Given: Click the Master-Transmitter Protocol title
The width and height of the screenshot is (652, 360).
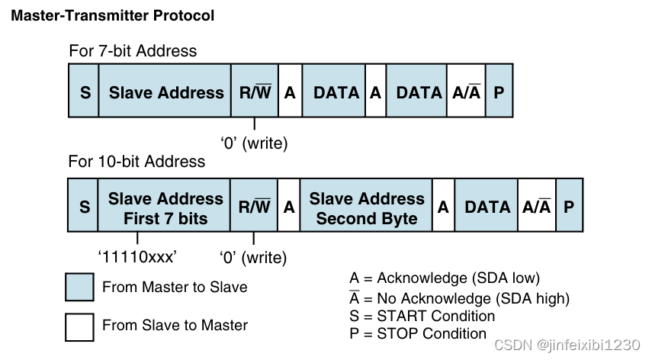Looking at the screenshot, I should pos(112,15).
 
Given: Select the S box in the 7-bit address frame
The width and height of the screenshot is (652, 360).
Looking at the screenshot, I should pos(84,92).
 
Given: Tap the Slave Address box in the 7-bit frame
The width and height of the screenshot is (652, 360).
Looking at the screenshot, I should pos(165,92).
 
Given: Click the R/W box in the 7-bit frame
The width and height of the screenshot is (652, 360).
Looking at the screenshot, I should pos(255,92).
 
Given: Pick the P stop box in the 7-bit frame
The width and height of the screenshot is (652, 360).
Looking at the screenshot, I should pos(499,92).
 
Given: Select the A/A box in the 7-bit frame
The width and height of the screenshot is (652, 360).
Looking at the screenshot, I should pos(466,92).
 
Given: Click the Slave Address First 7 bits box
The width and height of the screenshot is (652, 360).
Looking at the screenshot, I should pos(165,207).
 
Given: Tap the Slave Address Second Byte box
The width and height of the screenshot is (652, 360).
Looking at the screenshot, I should pos(366,207).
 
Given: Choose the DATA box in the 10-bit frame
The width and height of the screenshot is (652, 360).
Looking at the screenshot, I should pos(487,207).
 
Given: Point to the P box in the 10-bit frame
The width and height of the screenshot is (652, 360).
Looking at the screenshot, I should pos(570,207).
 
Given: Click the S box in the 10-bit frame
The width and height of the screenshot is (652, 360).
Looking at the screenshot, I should pos(84,207).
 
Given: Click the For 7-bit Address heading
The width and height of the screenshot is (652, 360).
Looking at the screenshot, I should pos(133,51).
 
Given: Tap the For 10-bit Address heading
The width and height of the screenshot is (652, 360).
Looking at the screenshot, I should pos(137,161).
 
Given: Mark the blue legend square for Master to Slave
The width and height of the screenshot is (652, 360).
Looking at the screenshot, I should pos(80,288).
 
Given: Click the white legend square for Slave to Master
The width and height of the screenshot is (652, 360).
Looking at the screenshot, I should pos(80,326).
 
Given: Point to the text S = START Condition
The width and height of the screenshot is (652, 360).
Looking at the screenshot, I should pos(422,316).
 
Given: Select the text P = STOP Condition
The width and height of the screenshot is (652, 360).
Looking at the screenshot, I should pos(417,333).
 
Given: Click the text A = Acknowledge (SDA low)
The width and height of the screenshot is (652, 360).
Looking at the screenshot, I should pos(445,278).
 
